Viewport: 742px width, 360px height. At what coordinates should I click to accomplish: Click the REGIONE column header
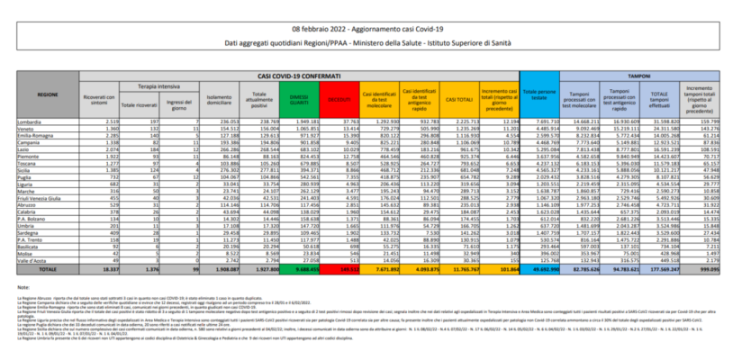tap(47, 94)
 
